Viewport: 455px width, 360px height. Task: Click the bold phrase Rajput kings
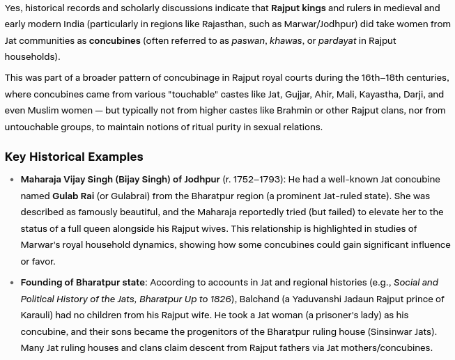298,8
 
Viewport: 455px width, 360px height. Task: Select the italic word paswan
248,40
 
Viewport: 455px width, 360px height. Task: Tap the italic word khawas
286,40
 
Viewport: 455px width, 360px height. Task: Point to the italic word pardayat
337,40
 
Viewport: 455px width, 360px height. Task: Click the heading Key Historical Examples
74,157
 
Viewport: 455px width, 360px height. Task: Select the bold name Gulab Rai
73,196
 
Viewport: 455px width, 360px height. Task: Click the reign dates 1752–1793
257,179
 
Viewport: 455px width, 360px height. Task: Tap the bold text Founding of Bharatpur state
83,282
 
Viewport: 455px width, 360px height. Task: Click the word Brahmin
294,110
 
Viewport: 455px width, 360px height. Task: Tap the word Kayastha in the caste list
380,94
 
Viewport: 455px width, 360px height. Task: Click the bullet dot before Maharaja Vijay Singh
12,180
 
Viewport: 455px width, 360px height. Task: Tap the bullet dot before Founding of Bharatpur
12,283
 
